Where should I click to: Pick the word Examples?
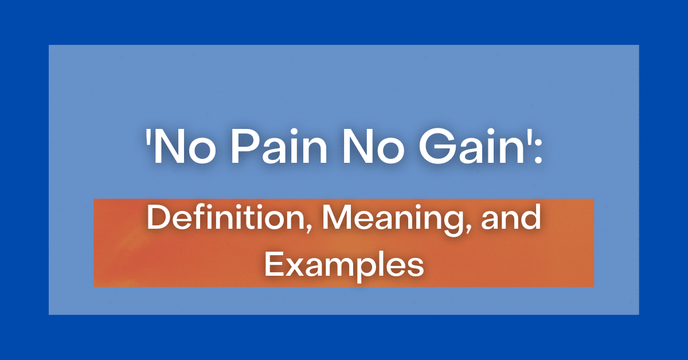(x=344, y=265)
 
